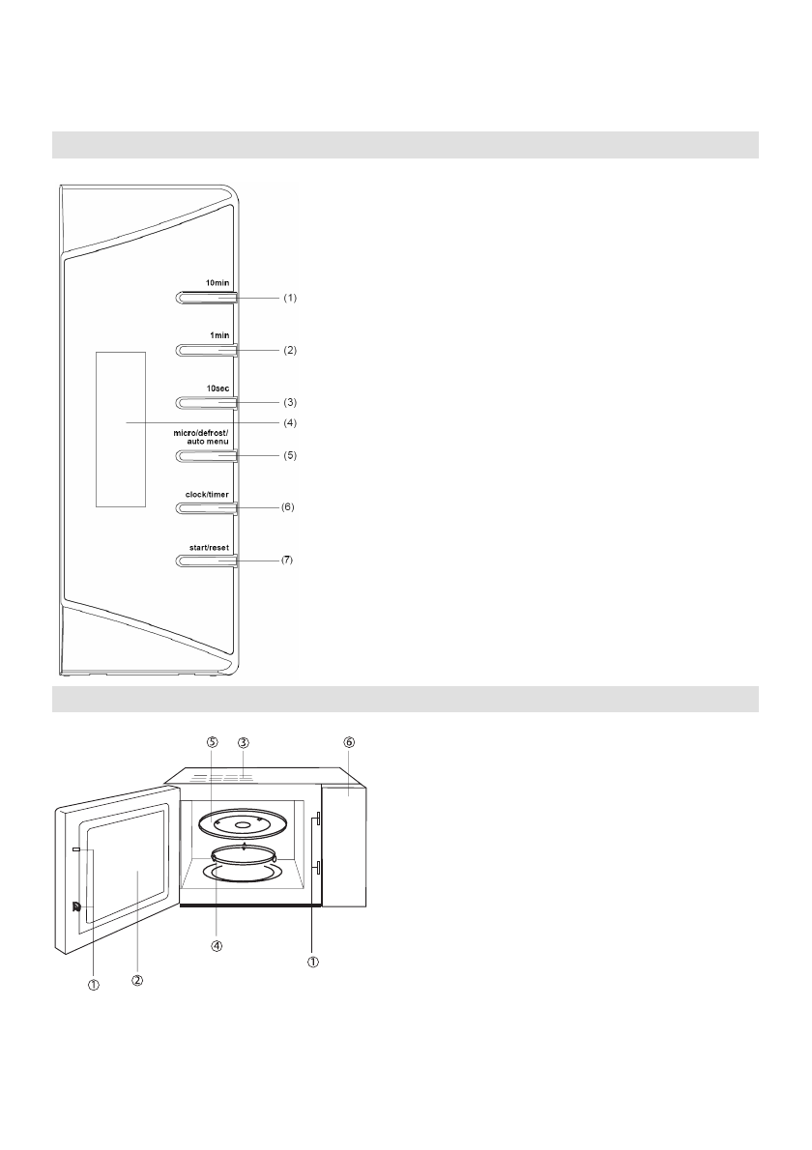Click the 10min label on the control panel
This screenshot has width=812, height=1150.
pos(217,283)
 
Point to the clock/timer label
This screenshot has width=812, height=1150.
pos(208,494)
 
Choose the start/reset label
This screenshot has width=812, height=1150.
pos(209,547)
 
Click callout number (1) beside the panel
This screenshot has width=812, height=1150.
pos(289,299)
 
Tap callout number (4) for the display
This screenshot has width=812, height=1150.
pos(289,422)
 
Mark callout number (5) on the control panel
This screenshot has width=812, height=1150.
pos(289,455)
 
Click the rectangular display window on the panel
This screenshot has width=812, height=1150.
pos(120,428)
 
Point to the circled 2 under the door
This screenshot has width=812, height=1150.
pos(137,979)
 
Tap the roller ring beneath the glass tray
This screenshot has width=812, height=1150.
pos(244,854)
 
